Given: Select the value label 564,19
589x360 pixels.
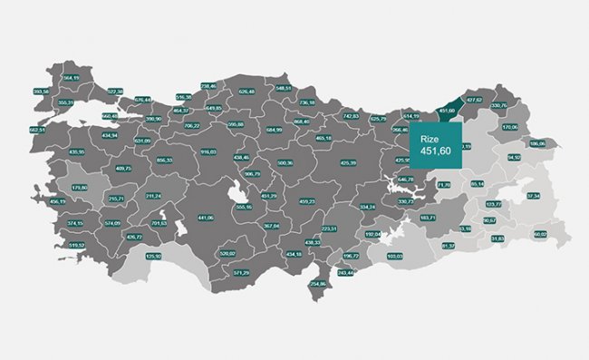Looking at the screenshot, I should (72, 78).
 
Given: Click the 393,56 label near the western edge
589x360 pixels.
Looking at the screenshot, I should (40, 92).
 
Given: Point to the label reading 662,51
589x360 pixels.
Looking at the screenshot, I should (37, 130).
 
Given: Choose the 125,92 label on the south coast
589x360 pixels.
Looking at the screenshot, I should (153, 256).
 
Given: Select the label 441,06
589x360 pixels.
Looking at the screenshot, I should (205, 218).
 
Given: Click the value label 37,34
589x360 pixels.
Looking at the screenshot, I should (534, 196).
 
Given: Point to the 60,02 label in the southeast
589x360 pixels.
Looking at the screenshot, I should (541, 235).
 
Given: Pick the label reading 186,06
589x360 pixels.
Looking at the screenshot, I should (537, 143).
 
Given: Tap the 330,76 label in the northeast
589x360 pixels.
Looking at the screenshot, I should (498, 105).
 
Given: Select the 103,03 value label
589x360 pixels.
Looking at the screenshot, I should (394, 256).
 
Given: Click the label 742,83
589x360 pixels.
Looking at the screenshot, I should (351, 116).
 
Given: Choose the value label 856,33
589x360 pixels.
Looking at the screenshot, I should (164, 160).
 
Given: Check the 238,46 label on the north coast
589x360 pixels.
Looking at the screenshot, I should (208, 86).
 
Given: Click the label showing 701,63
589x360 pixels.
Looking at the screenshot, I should (159, 222).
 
